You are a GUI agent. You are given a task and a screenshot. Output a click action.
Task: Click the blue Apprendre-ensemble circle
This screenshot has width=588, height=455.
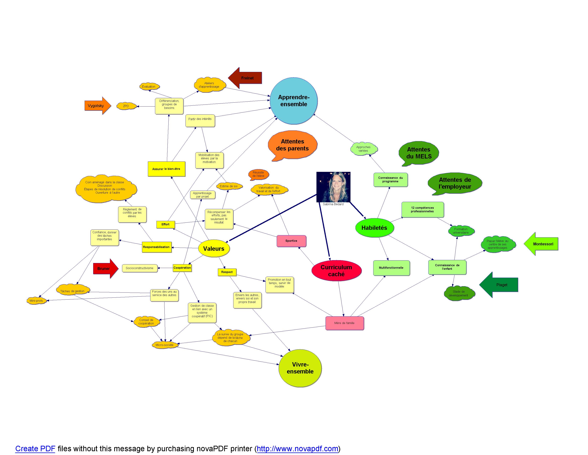pos(293,101)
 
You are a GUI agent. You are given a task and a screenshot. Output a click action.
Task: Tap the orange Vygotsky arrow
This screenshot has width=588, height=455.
pos(97,106)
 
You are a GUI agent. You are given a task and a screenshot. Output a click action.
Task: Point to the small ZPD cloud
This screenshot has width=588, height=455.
pos(126,106)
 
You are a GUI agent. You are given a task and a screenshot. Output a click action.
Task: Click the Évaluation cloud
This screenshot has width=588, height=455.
pos(149,87)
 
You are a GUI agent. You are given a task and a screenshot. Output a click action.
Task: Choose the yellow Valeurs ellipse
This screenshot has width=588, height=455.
pos(214,249)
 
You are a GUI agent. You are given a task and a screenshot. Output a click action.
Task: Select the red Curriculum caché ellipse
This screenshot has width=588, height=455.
pos(336,271)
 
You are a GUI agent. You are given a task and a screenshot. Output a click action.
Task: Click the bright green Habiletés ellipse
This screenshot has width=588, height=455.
pos(374,228)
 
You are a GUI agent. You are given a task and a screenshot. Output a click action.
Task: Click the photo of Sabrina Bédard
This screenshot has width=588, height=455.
pos(333,187)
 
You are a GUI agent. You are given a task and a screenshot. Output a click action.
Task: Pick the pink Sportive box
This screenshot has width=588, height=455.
pos(291,241)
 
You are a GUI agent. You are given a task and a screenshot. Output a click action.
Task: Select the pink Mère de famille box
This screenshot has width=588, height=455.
pos(344,323)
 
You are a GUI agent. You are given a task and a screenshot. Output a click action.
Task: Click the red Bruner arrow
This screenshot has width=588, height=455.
pos(105,269)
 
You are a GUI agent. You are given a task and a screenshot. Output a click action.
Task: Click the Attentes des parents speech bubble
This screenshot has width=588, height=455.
pos(292,145)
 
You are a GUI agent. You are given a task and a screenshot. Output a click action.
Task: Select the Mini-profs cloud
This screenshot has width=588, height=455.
pos(36,300)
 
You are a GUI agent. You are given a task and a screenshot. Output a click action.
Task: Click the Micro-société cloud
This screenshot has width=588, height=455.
pos(164,345)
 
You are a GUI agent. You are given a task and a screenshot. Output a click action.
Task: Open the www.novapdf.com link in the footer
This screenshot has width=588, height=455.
pos(298,449)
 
